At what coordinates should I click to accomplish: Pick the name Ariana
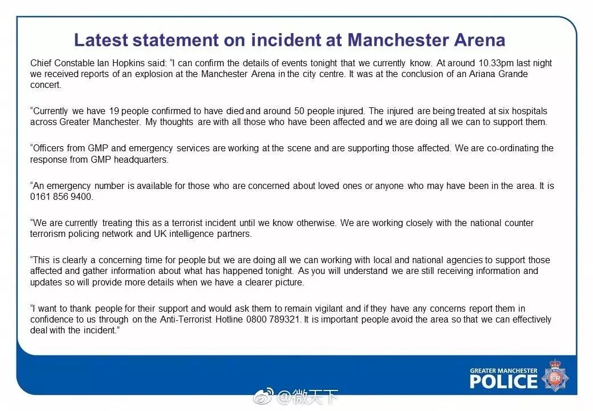click(471, 74)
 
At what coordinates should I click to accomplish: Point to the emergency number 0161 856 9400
click(62, 197)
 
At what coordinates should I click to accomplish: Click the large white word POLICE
click(503, 381)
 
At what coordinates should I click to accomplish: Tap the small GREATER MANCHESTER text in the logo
click(503, 370)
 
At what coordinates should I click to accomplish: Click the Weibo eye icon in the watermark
click(263, 396)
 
